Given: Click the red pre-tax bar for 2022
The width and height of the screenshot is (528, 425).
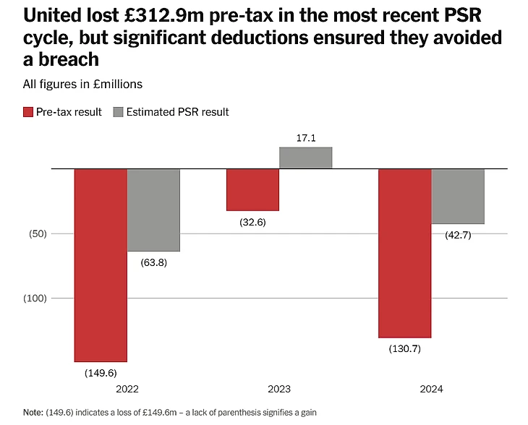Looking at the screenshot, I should pos(101,265).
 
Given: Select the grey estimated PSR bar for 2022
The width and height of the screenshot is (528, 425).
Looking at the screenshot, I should pos(153,210).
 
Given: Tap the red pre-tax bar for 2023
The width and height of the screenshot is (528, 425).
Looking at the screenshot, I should pos(252,189).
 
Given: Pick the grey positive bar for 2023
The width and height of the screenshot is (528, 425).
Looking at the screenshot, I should pos(305,158).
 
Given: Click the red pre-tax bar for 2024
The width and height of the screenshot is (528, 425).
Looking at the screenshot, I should pos(405,253).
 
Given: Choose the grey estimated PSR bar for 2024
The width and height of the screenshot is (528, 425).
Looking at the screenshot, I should pos(458,196).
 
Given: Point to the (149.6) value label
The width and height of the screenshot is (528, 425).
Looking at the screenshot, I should pos(101,374).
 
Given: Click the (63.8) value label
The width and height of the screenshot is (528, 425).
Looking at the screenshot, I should pos(153,262).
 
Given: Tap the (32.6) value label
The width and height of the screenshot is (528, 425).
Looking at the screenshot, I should pos(252,222).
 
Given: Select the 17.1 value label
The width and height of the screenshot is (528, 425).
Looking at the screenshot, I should pos(306,137).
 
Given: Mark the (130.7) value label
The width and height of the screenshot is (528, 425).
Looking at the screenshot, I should pos(405,349).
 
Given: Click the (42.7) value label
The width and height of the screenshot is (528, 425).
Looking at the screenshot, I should pos(457,235).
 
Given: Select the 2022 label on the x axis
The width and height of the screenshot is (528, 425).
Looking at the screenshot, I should pos(127,389).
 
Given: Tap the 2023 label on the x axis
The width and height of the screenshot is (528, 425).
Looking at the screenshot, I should pos(279,389).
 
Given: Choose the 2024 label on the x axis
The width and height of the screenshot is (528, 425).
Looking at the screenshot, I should pos(431,389).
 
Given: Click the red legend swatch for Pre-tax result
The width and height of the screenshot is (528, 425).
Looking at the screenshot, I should pos(28,112).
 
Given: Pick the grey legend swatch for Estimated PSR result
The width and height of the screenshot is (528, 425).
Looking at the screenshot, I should pos(119,112).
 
